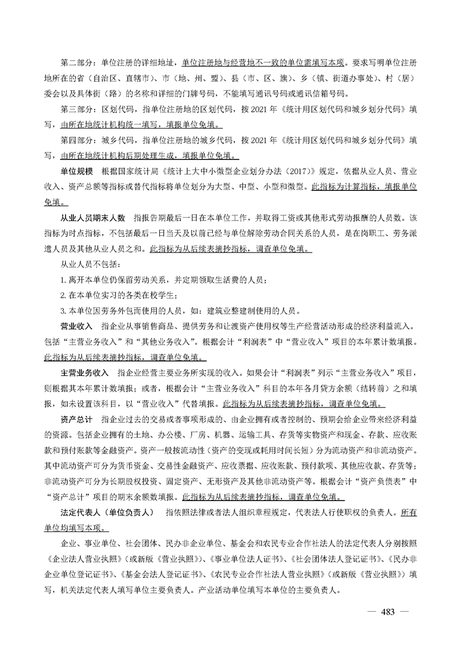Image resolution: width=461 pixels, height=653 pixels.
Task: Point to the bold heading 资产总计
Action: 77,418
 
